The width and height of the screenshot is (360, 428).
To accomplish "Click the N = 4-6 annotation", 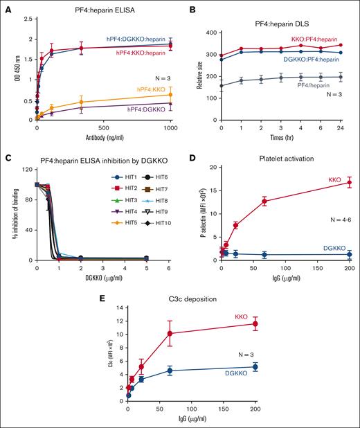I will (x=319, y=220).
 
